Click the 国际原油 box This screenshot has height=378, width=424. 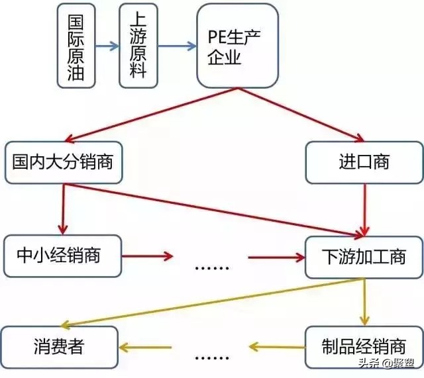[76, 45]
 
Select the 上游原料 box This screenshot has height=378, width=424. [138, 45]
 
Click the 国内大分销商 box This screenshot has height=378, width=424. [64, 162]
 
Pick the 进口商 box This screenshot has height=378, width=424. [364, 162]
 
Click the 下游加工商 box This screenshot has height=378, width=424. [364, 256]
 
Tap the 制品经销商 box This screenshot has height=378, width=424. [364, 346]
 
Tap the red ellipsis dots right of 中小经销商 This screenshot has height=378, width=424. [212, 267]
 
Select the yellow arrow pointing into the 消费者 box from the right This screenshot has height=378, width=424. [145, 346]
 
